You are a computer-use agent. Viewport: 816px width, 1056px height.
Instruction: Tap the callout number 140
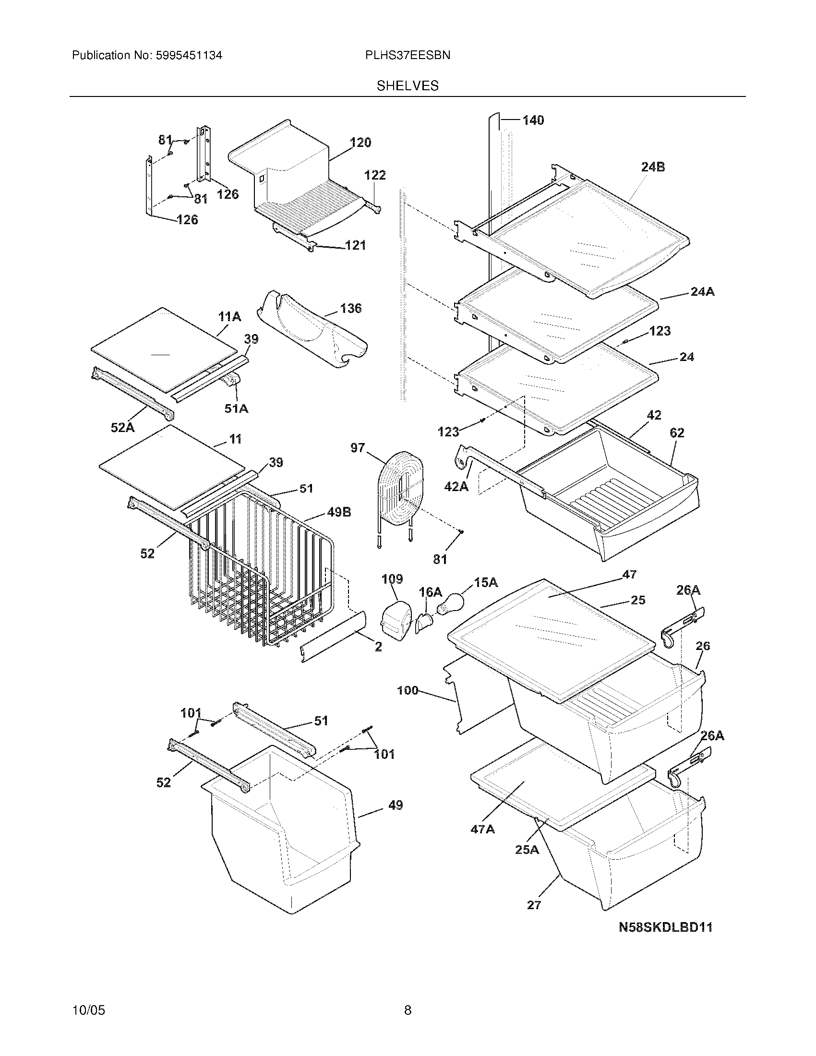click(533, 120)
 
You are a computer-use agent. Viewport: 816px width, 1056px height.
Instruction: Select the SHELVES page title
click(408, 86)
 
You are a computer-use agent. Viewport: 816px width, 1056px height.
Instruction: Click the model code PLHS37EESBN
click(408, 56)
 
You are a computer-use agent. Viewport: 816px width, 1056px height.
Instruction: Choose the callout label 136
click(350, 308)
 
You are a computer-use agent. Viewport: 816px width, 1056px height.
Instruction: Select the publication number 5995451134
click(189, 56)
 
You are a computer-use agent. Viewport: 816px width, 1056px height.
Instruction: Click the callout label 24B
click(653, 168)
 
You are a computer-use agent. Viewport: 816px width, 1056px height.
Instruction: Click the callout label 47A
click(482, 829)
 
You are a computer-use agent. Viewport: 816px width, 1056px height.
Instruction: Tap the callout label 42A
click(456, 486)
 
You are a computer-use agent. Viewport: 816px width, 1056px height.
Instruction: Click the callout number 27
click(534, 904)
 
